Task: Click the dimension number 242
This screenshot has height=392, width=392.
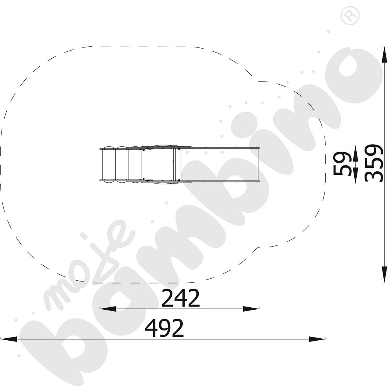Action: tap(181, 298)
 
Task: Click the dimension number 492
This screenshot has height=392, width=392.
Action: tap(165, 328)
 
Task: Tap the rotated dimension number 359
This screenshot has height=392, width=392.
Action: tap(374, 163)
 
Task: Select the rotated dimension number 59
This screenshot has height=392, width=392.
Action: tap(343, 164)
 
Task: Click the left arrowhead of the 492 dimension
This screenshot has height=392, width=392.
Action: tap(9, 339)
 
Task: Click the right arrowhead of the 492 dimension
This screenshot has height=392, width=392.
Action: tap(317, 339)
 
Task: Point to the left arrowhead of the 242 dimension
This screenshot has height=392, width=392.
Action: tap(108, 309)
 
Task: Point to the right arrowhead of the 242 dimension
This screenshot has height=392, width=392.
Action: tap(251, 309)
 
